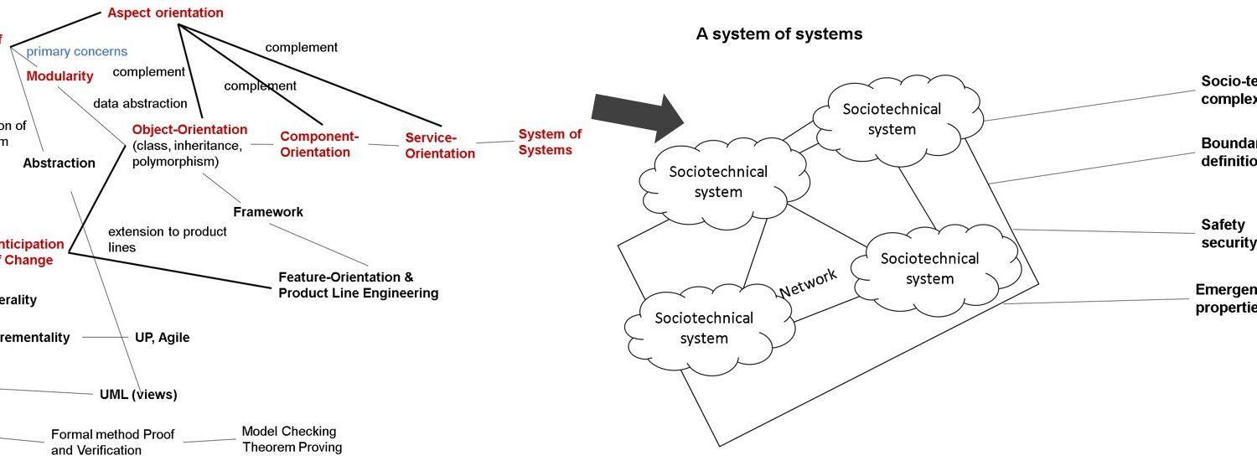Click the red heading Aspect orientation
pos(165,13)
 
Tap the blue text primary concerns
pos(76,52)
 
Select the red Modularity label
pos(59,76)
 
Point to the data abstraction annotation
pos(140,103)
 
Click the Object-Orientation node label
pos(189,130)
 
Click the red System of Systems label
pos(550,142)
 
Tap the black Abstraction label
pos(59,163)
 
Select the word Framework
pos(268,212)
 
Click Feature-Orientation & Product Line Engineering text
pos(358,285)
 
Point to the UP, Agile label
pos(162,338)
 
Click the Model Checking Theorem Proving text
pos(292,439)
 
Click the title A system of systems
pos(779,34)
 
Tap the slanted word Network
pos(808,282)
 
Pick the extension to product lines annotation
pos(168,239)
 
